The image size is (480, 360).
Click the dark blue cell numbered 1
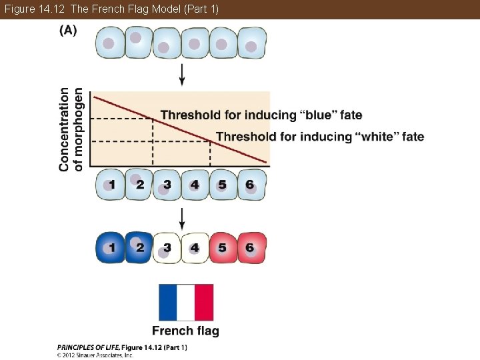coord(111,248)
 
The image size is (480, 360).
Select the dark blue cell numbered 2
coord(139,248)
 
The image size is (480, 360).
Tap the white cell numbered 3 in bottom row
coord(167,248)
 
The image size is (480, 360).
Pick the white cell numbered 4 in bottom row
coord(195,248)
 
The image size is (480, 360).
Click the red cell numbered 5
coord(223,248)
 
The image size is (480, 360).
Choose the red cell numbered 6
coord(251,248)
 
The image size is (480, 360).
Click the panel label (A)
coord(68,31)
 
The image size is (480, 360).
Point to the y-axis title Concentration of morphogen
coord(71,129)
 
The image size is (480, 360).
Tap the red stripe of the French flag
coord(204,303)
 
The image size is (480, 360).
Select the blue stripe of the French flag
coord(167,303)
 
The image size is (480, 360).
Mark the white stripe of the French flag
coord(185,303)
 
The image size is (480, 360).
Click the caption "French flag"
coord(185,331)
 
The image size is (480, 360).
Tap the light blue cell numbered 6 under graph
coord(251,185)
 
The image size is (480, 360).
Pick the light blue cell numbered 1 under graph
coord(111,185)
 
